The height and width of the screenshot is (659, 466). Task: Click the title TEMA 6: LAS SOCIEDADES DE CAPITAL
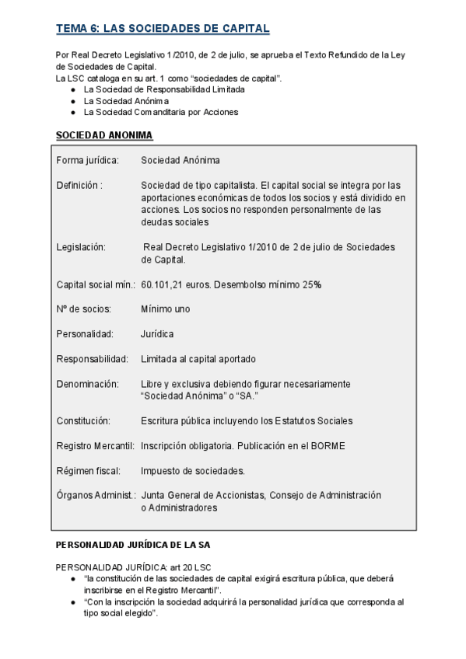163,29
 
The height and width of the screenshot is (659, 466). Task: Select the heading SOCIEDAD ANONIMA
104,135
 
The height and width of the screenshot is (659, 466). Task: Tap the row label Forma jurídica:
87,160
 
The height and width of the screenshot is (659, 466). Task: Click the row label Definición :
79,185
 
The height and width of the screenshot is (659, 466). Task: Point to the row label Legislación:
81,247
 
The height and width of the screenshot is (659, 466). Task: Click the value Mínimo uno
165,309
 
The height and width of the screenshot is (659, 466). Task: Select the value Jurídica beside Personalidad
157,334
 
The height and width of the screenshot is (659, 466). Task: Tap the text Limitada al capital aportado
198,359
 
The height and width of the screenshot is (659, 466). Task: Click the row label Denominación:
87,384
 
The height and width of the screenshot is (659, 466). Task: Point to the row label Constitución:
83,421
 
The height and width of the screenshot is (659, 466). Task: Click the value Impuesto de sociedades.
193,471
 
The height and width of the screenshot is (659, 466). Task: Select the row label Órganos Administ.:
96,495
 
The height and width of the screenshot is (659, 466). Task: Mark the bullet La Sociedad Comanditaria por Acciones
160,112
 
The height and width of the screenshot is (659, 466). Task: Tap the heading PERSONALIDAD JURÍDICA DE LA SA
133,545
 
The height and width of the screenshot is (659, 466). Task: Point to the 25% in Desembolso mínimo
313,284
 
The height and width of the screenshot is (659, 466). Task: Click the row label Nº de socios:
83,309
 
